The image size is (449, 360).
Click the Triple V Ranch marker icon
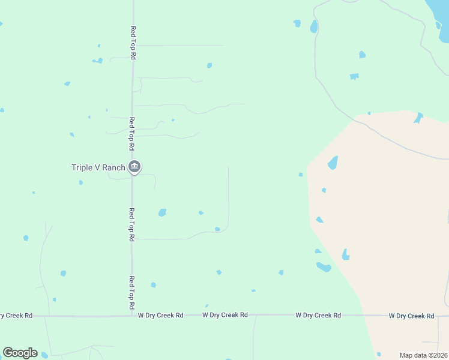point(134,167)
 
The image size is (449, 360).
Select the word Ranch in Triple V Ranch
point(113,167)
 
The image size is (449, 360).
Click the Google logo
point(20,353)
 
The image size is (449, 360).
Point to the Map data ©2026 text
point(423,355)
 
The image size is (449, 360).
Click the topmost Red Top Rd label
point(133,42)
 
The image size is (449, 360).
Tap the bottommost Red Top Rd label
point(131,292)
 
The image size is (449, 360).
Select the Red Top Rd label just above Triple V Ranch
point(132,134)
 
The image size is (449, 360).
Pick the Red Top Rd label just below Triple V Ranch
point(131,224)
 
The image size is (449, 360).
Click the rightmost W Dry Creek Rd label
point(411,316)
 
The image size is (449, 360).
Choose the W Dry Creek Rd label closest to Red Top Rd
point(160,315)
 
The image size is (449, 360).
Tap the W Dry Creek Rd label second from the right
point(318,315)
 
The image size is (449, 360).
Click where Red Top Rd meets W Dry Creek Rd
point(132,315)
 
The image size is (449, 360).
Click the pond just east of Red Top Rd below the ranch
point(162,212)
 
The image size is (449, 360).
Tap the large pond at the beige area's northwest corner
point(333,163)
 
